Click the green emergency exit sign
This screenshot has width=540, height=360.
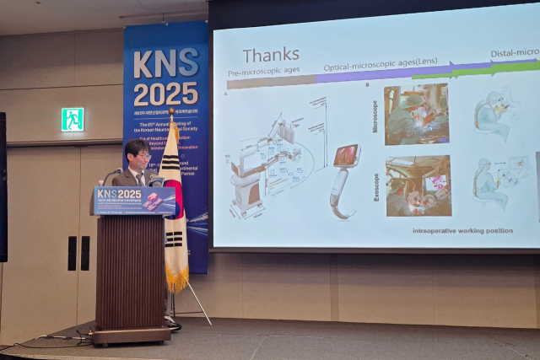coord(73,119)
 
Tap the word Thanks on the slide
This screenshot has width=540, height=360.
coord(271,56)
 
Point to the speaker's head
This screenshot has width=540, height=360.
coord(137,154)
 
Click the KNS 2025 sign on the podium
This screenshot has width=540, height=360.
coord(134,200)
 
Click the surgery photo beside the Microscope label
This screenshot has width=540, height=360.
coord(417,115)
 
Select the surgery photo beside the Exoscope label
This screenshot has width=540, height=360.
coord(418,185)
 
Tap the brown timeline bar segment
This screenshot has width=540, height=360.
coord(270,83)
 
